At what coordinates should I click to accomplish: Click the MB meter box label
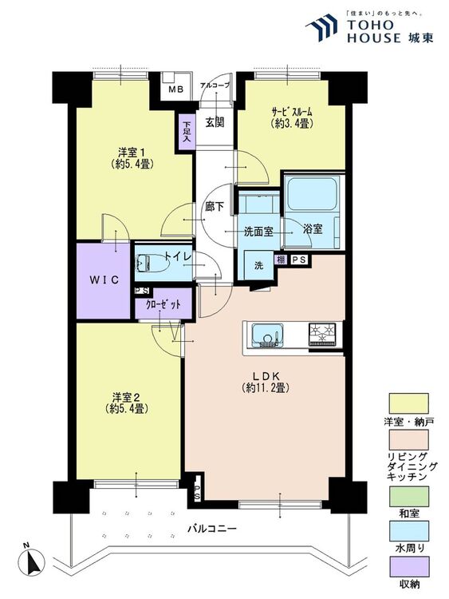[x=176, y=89]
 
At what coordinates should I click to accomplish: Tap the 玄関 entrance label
[x=215, y=123]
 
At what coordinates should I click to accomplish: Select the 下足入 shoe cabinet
[x=187, y=132]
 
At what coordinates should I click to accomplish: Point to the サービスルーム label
[x=292, y=113]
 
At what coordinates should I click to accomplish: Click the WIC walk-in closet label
[x=104, y=280]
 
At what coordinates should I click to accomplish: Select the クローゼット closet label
[x=163, y=305]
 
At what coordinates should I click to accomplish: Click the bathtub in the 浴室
[x=312, y=193]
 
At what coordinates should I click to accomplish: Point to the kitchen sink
[x=267, y=335]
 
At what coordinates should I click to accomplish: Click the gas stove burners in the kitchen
[x=322, y=334]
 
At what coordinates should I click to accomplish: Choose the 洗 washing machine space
[x=258, y=265]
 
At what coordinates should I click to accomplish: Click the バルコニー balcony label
[x=212, y=529]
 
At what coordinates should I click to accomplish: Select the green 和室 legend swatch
[x=408, y=496]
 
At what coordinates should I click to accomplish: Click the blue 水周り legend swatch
[x=408, y=530]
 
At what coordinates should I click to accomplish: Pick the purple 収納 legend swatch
[x=408, y=566]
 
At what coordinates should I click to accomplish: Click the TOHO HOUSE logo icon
[x=321, y=27]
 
